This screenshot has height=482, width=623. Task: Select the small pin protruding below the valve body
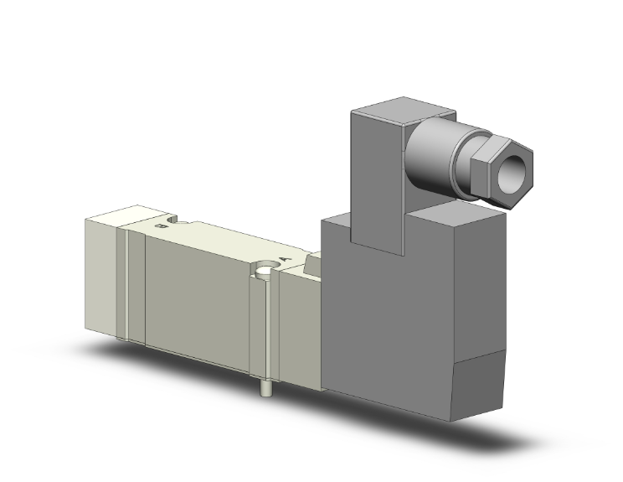(x=265, y=388)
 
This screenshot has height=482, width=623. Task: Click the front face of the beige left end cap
(x=100, y=277)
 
